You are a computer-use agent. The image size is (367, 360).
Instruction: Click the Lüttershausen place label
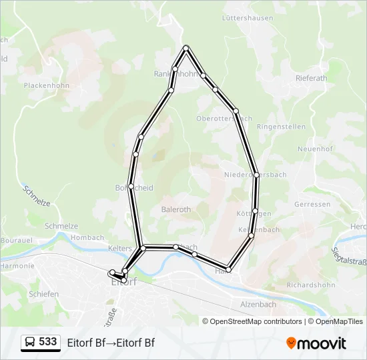pos(248,18)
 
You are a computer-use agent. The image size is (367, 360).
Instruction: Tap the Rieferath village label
pos(311,78)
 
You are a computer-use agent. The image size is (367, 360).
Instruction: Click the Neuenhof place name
pos(315,149)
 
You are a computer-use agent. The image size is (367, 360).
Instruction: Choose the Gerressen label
pos(312,204)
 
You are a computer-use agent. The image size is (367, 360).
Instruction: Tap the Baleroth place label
pos(176,209)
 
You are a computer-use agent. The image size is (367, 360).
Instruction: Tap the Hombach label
pos(87,237)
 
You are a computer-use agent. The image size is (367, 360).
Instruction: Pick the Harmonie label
pos(17,265)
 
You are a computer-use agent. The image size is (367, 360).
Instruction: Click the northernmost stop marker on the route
pos(186,47)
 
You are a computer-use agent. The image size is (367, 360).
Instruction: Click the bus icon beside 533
pos(30,343)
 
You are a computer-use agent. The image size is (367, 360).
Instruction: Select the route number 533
pos(48,342)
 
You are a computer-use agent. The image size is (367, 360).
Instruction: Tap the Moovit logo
pos(316,343)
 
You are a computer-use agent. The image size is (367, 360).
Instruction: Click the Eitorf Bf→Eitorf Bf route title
pos(111,343)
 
